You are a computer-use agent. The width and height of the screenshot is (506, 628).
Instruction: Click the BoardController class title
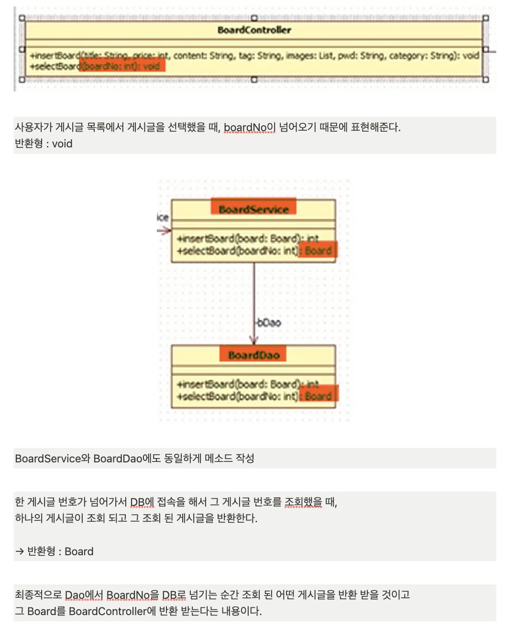coord(254,30)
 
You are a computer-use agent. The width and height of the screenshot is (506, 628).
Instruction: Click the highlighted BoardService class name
coord(253,209)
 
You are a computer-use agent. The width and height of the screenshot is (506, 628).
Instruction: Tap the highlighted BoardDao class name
coord(253,355)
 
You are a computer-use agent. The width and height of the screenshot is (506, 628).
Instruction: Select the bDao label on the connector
coord(269,323)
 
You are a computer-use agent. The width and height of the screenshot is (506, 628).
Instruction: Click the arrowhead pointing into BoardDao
coord(254,340)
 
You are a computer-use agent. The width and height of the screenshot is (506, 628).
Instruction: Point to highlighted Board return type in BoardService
coord(318,250)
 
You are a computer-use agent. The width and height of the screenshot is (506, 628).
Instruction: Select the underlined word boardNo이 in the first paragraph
coord(250,127)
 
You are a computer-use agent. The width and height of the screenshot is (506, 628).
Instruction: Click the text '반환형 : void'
coord(44,144)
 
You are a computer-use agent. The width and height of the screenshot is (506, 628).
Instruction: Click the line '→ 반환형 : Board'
coord(55,551)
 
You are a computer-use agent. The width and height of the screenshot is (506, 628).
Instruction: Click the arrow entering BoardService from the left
coord(164,231)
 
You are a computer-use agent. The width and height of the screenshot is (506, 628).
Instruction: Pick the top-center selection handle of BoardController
coord(254,18)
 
